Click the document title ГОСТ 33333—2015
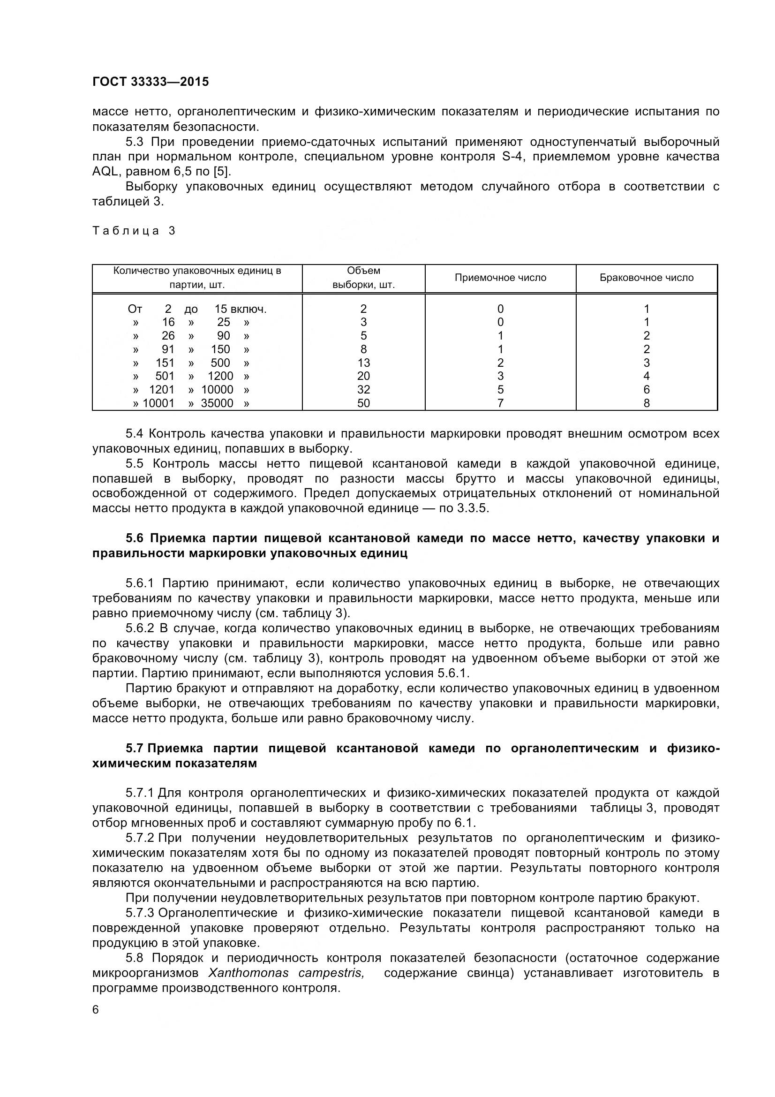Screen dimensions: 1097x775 150,82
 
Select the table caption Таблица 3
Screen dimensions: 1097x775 134,231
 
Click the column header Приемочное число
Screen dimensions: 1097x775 500,278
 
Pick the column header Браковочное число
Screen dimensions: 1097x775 646,278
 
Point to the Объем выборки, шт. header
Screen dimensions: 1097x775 363,278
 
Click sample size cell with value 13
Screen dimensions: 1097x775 363,363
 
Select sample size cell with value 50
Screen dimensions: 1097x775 363,403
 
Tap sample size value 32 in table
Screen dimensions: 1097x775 363,390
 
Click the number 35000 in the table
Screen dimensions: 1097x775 217,403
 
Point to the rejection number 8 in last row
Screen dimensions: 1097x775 647,403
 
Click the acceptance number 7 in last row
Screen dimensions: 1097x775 500,403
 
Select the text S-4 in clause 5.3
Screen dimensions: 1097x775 513,157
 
